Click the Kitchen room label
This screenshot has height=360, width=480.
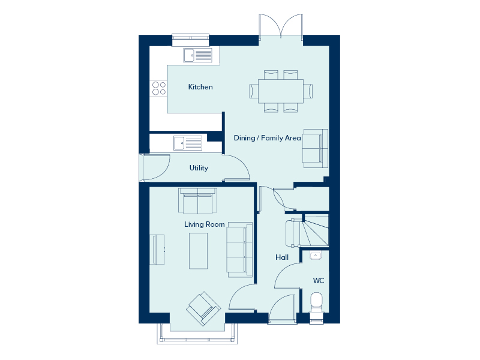200,87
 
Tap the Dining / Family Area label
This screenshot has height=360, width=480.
267,138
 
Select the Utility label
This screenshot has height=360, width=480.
199,168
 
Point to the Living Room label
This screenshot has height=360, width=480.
205,224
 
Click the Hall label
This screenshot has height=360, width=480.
282,257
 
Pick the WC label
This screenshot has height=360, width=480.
319,281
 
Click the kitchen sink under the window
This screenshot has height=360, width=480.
198,55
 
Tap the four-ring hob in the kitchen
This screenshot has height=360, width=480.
159,88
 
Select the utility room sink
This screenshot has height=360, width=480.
188,143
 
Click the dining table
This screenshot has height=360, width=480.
281,91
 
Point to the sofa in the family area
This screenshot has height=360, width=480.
316,148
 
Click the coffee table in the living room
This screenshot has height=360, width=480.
199,251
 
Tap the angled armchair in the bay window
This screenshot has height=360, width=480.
203,308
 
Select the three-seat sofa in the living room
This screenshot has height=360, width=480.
239,250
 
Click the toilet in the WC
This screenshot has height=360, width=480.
316,303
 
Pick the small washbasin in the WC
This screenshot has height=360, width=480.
316,256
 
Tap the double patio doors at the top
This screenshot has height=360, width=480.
281,26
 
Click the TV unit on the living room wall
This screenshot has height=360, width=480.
157,250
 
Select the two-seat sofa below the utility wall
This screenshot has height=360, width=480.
198,201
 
